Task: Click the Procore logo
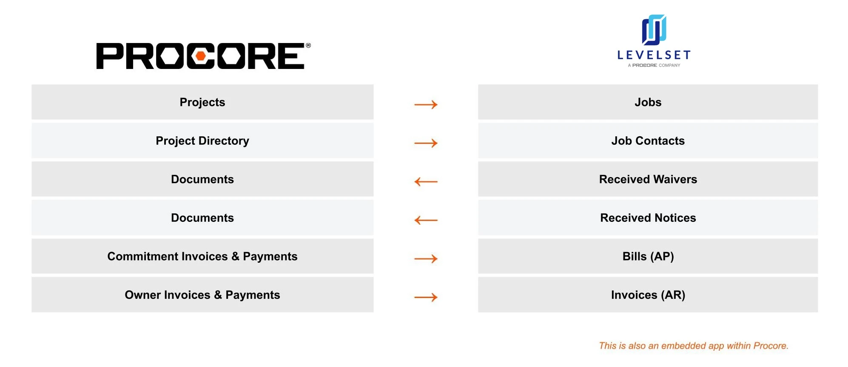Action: [x=203, y=56]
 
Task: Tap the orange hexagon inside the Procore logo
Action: [x=201, y=56]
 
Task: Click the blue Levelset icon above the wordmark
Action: [x=654, y=30]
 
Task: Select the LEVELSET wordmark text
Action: [x=654, y=55]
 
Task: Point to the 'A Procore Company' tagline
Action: [x=654, y=65]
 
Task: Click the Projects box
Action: [x=202, y=102]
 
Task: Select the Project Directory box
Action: [x=202, y=140]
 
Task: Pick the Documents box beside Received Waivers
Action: [x=202, y=179]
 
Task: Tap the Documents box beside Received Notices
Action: [x=202, y=218]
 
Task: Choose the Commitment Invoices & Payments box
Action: [x=202, y=256]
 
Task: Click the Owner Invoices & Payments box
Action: [x=202, y=295]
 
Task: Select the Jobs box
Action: [x=648, y=102]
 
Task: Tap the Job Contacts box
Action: [x=648, y=140]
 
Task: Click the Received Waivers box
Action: [x=648, y=179]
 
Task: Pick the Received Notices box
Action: [x=648, y=218]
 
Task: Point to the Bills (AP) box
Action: [x=648, y=256]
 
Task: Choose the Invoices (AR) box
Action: [x=648, y=295]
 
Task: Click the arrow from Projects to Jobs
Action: [x=426, y=104]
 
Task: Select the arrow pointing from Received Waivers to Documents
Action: [x=426, y=182]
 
